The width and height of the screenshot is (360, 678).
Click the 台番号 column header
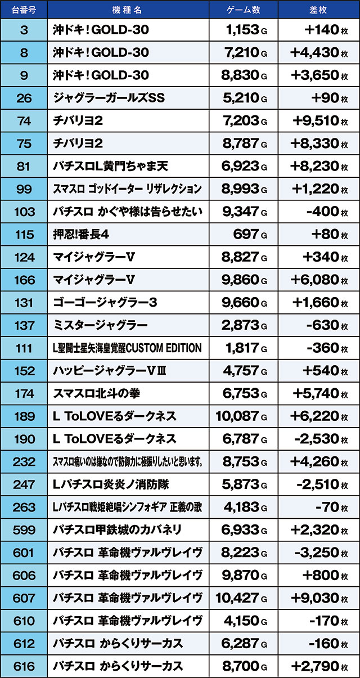click(24, 10)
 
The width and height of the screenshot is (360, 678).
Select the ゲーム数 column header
click(242, 10)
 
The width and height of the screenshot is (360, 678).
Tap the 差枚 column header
click(318, 10)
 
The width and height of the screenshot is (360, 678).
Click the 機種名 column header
click(128, 10)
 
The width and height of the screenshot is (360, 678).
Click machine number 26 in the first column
click(24, 98)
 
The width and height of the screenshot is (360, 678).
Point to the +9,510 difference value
click(315, 120)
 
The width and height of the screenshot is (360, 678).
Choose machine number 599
click(24, 529)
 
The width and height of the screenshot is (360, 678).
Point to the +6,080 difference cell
click(315, 280)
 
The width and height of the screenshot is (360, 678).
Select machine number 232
click(24, 461)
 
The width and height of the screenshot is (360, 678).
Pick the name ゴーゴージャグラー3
click(105, 302)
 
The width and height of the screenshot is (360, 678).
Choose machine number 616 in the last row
click(24, 666)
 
